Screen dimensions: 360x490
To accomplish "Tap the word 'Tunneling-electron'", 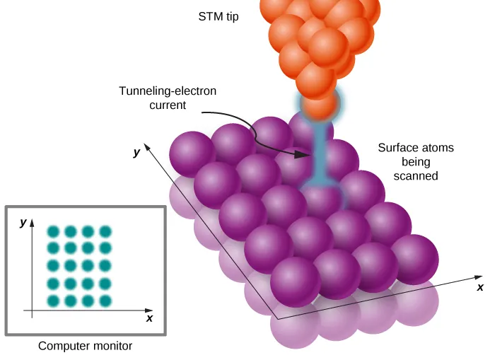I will tap(167, 92).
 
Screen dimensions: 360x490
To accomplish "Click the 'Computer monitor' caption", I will tap(85, 346).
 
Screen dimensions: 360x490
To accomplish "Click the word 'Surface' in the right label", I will tap(396, 148).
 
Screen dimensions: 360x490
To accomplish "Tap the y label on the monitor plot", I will tap(23, 222).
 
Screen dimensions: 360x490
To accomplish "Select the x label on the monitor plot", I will tap(149, 319).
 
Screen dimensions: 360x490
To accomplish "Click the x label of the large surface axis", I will tap(479, 287).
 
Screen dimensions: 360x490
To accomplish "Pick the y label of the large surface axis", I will tap(136, 152).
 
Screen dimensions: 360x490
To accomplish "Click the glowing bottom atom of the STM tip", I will tap(320, 105).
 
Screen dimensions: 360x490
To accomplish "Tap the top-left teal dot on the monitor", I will tap(53, 231).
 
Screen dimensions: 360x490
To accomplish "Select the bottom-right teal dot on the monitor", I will tap(105, 301).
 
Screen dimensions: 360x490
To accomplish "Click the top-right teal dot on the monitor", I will tap(105, 231).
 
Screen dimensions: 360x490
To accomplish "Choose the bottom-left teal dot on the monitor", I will tap(53, 301).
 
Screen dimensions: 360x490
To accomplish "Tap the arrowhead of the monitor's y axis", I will tap(32, 224).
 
